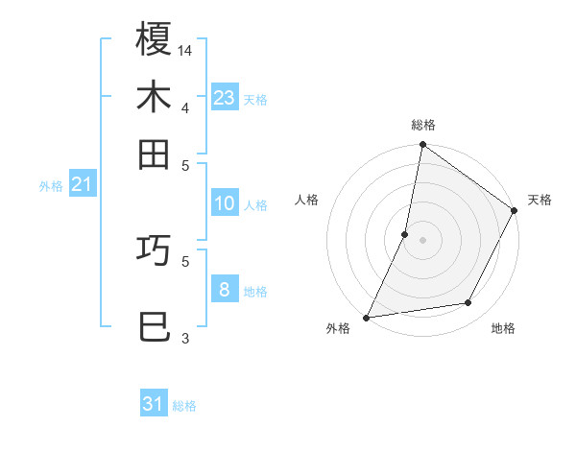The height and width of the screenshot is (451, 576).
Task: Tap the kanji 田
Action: point(154,154)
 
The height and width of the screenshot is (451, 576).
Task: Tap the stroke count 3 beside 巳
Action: point(185,338)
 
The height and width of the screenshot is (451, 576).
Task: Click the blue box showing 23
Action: point(224,97)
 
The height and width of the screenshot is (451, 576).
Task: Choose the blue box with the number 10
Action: point(224,203)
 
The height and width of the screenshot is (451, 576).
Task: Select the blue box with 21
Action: point(82,183)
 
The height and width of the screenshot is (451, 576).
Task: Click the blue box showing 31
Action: point(154,404)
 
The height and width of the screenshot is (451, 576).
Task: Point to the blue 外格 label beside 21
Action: point(50,186)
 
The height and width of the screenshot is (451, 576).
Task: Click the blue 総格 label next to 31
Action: point(184,406)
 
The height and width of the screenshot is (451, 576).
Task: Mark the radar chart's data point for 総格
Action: point(422,146)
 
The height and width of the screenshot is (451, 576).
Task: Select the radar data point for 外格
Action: point(366,317)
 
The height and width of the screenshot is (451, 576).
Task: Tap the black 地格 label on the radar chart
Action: point(503,329)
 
